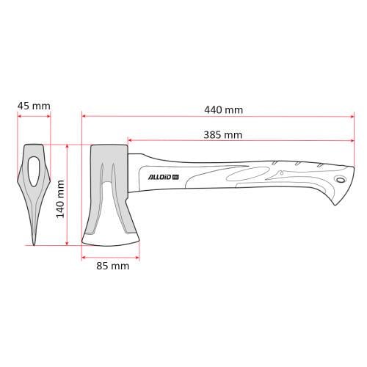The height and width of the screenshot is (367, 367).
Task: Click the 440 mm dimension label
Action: [224, 110]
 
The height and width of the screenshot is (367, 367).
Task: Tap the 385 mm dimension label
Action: [223, 134]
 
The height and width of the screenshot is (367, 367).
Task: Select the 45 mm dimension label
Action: [34, 106]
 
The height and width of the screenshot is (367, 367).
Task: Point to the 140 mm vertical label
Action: [61, 199]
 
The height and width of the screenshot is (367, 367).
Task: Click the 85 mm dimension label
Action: [112, 266]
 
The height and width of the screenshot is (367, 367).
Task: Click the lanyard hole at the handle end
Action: [339, 181]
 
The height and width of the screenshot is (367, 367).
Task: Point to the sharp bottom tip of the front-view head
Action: [34, 243]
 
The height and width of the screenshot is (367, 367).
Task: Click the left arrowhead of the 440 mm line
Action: [84, 115]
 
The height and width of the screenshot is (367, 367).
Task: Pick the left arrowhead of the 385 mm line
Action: [130, 139]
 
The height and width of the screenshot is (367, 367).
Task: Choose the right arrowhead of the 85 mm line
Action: [138, 256]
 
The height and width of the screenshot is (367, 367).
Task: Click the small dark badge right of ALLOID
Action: [176, 175]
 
